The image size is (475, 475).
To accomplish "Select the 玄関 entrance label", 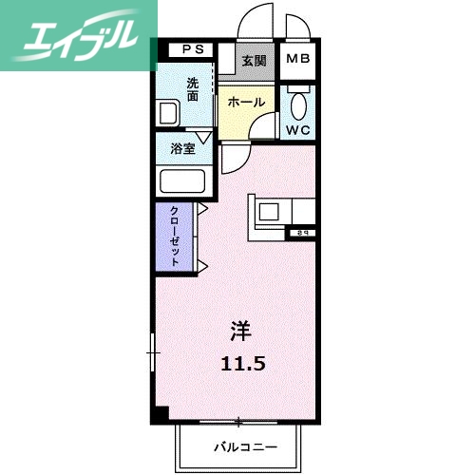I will pos(254,63).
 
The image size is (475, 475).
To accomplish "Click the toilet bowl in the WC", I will pos(297,104).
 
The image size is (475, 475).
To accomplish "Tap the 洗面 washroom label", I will pos(193,88).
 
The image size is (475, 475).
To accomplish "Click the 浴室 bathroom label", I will pos(183,149).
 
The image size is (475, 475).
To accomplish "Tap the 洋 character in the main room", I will pos(240,332).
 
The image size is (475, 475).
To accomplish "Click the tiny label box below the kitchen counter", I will pos(302,232).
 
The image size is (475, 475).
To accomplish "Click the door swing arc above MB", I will pos(294,27).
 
